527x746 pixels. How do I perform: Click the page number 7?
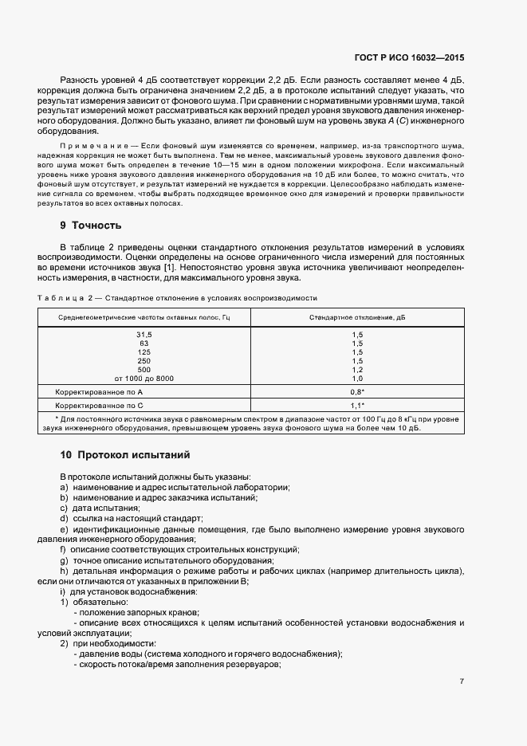462,681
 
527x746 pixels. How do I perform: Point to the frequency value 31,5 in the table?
144,334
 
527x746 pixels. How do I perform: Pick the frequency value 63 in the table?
144,343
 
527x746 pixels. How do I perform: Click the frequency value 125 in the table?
144,351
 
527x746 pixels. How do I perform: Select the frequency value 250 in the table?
144,360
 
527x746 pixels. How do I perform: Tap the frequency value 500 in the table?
144,369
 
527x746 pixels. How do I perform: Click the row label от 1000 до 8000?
144,378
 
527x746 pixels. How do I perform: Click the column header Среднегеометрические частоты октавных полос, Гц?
144,317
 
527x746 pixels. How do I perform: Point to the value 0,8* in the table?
357,392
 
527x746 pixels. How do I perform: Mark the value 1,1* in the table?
357,406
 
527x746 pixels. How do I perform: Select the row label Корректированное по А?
98,392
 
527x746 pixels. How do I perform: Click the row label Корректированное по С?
98,406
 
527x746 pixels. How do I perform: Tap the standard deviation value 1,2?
357,369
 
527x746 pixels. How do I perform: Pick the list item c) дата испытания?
100,508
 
